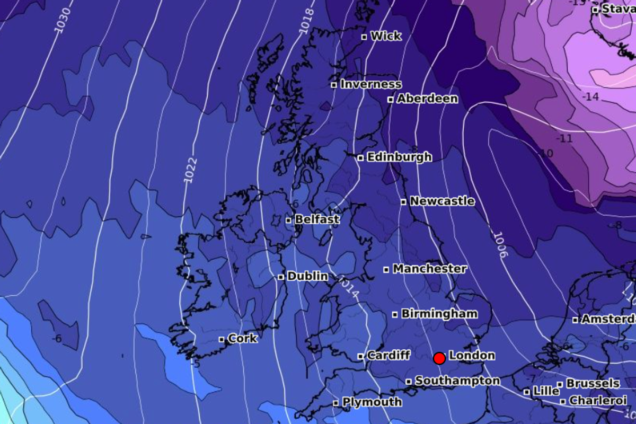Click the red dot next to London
[439, 359]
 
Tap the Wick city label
[386, 36]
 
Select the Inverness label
[370, 84]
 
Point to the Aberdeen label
[427, 99]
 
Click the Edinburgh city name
[399, 157]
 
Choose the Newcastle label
[442, 201]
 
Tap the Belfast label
[317, 219]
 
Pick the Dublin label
[307, 276]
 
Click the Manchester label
[429, 269]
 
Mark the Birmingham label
[439, 314]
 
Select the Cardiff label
[388, 355]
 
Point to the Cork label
[243, 338]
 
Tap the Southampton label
[457, 381]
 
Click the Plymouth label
[372, 402]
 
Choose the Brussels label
[593, 383]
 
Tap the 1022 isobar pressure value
[190, 170]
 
